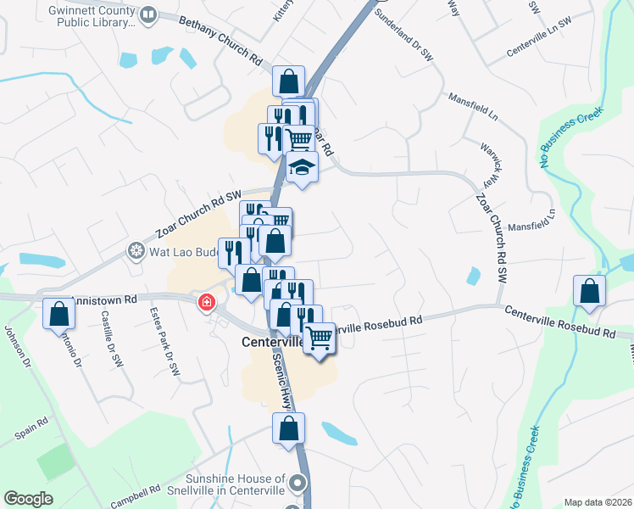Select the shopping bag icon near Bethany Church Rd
click(289, 82)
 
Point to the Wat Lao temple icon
click(135, 251)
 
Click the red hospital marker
click(206, 303)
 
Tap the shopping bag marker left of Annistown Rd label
click(58, 314)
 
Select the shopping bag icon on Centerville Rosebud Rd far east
click(589, 291)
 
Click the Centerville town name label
click(271, 342)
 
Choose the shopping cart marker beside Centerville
click(320, 338)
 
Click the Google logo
click(28, 499)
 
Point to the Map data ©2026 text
click(597, 502)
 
